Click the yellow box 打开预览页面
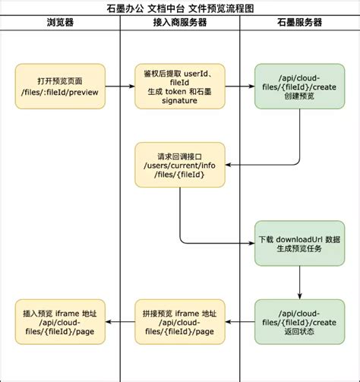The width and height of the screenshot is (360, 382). pos(60,86)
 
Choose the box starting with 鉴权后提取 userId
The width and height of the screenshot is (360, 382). pos(179,86)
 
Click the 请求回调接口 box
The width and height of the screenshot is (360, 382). pos(179,163)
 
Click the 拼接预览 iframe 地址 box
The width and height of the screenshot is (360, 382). pos(179,322)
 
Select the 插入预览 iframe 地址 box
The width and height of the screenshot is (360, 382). pos(60,322)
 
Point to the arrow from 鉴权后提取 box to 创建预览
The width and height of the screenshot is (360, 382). pos(239,86)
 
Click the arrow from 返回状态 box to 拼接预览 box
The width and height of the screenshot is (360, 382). pos(239,322)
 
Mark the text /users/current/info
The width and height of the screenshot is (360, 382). pos(179,163)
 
